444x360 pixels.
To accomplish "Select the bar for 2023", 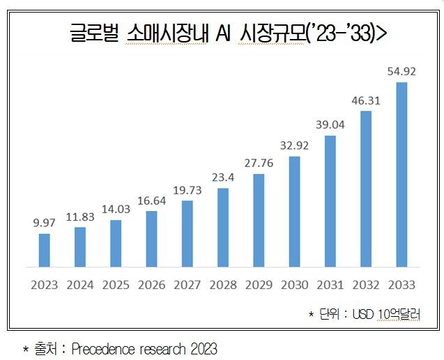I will click(x=44, y=250).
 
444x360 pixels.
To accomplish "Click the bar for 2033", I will click(x=401, y=174).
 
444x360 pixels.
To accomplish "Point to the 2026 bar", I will click(x=151, y=238).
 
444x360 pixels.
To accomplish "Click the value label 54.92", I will click(x=401, y=72).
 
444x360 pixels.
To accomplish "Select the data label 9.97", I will click(x=44, y=223).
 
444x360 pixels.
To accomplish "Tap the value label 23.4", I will click(x=222, y=178).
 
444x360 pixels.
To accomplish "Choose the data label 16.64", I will click(x=151, y=200).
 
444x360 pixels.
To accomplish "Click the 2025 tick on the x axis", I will click(x=116, y=285).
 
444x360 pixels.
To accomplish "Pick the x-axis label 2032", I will click(x=365, y=285).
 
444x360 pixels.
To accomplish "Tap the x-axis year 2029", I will click(x=258, y=285).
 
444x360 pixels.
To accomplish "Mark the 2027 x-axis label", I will click(x=187, y=285).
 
